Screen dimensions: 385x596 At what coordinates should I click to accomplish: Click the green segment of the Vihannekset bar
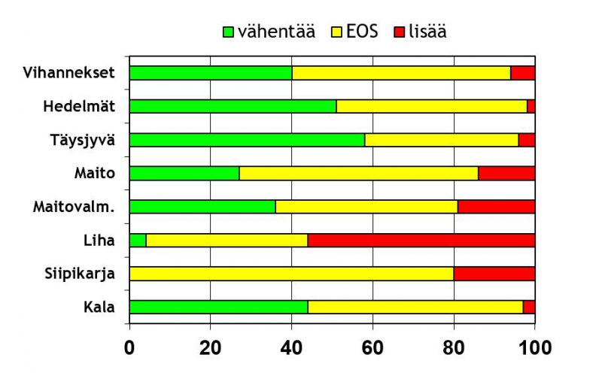pyautogui.click(x=211, y=73)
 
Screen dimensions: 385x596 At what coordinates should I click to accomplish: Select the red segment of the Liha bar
pyautogui.click(x=421, y=241)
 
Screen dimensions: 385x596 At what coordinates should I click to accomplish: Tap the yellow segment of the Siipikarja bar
pyautogui.click(x=291, y=274)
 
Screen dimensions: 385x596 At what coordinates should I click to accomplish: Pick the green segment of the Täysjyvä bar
pyautogui.click(x=247, y=140)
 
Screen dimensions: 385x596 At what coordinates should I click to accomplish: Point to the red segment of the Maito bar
pyautogui.click(x=506, y=173)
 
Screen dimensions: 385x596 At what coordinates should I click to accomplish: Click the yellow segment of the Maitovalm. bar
pyautogui.click(x=366, y=207)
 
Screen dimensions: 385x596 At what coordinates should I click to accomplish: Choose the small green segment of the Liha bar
pyautogui.click(x=138, y=241)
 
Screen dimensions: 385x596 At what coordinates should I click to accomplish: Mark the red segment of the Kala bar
pyautogui.click(x=528, y=307)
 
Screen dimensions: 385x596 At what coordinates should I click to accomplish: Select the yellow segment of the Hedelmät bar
pyautogui.click(x=432, y=106)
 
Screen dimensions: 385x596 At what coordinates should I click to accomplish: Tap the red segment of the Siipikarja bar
pyautogui.click(x=494, y=274)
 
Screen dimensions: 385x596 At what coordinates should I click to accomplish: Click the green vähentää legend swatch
pyautogui.click(x=229, y=32)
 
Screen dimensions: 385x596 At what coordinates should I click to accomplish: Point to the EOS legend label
pyautogui.click(x=363, y=32)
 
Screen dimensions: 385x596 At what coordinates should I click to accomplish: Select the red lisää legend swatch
pyautogui.click(x=399, y=32)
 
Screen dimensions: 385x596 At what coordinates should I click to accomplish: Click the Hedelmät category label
pyautogui.click(x=79, y=106)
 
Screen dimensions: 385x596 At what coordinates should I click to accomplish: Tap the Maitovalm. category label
pyautogui.click(x=74, y=207)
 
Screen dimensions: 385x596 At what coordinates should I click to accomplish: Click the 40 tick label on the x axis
pyautogui.click(x=291, y=348)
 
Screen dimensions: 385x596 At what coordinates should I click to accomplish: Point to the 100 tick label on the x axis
pyautogui.click(x=534, y=348)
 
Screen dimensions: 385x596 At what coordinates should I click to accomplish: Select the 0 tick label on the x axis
pyautogui.click(x=129, y=348)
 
